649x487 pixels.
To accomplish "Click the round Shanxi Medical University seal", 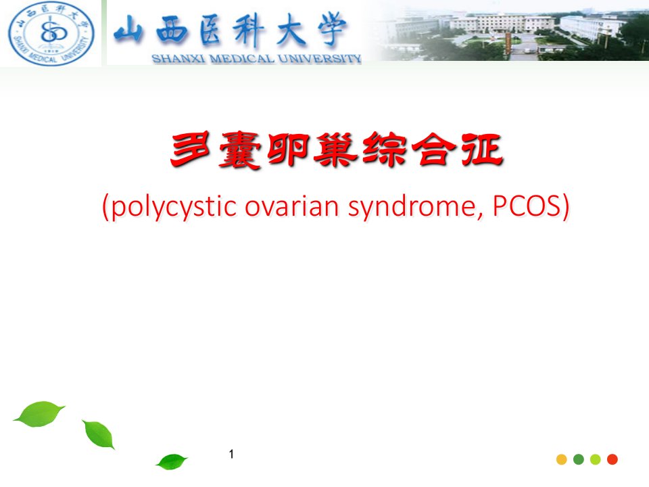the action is pyautogui.click(x=51, y=34).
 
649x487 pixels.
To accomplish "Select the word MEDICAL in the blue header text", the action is pyautogui.click(x=242, y=59).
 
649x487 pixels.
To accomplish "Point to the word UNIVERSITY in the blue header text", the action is pyautogui.click(x=320, y=59).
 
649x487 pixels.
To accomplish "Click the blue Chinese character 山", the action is pyautogui.click(x=128, y=30).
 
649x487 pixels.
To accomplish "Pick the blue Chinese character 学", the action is pyautogui.click(x=332, y=28).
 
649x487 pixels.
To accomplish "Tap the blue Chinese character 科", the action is pyautogui.click(x=248, y=29).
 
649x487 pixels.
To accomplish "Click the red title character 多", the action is pyautogui.click(x=191, y=150).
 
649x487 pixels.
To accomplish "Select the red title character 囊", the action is pyautogui.click(x=239, y=150).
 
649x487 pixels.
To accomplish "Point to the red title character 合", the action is pyautogui.click(x=434, y=150).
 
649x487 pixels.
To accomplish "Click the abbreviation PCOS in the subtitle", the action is pyautogui.click(x=527, y=206).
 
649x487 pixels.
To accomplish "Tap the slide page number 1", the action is pyautogui.click(x=231, y=455).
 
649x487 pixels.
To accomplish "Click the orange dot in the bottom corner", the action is pyautogui.click(x=562, y=459).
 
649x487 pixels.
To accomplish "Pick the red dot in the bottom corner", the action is pyautogui.click(x=612, y=459).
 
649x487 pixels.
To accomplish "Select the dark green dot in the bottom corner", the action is pyautogui.click(x=579, y=459).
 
